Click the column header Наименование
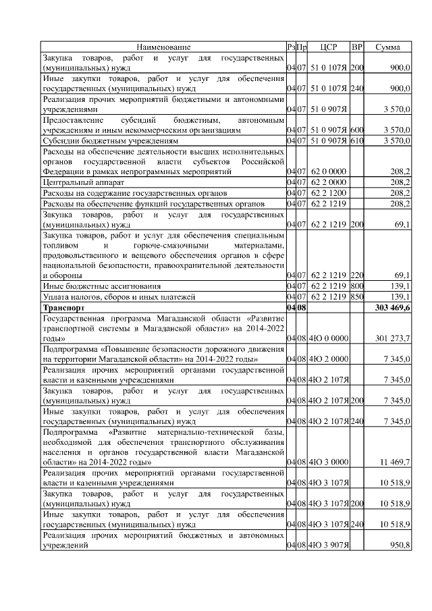pyautogui.click(x=163, y=47)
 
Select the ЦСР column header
pyautogui.click(x=328, y=47)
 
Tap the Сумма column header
pyautogui.click(x=389, y=47)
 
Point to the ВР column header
pyautogui.click(x=357, y=47)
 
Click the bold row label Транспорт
pyautogui.click(x=65, y=308)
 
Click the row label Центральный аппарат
pyautogui.click(x=81, y=182)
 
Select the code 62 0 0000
pyautogui.click(x=329, y=172)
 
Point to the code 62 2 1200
pyautogui.click(x=329, y=193)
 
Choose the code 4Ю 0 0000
pyautogui.click(x=328, y=338)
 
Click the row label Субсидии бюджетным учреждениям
pyautogui.click(x=110, y=140)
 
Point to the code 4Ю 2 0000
pyautogui.click(x=328, y=358)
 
